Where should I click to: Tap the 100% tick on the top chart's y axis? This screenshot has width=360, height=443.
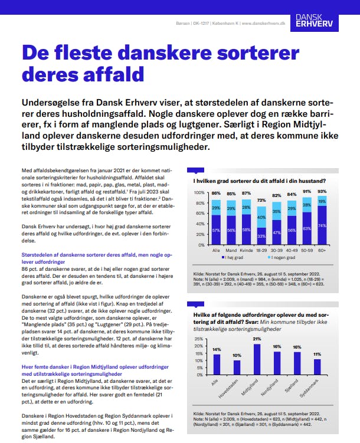199,193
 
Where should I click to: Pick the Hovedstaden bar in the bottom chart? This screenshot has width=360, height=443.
237,366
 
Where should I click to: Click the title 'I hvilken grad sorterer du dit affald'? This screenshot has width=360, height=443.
260,181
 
